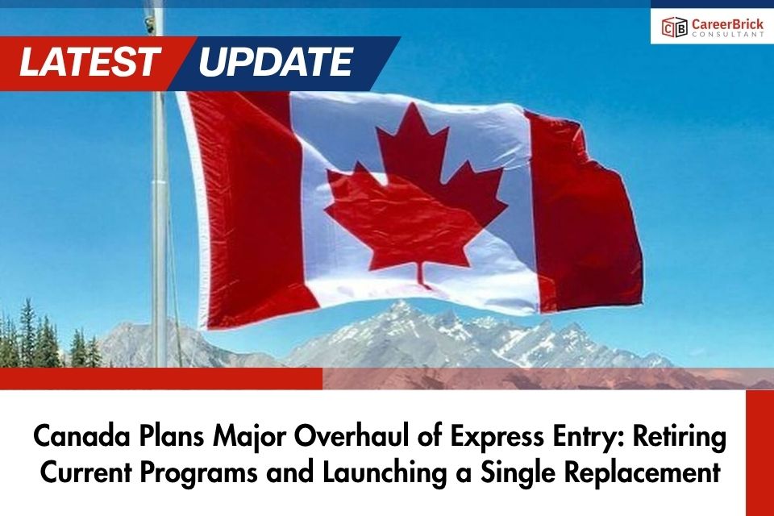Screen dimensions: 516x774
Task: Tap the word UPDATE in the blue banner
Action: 275,62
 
